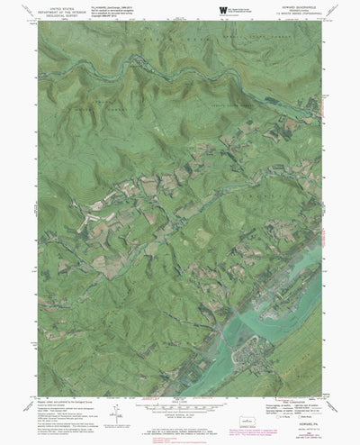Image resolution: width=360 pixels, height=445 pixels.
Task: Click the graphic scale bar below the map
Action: coord(181,406)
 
